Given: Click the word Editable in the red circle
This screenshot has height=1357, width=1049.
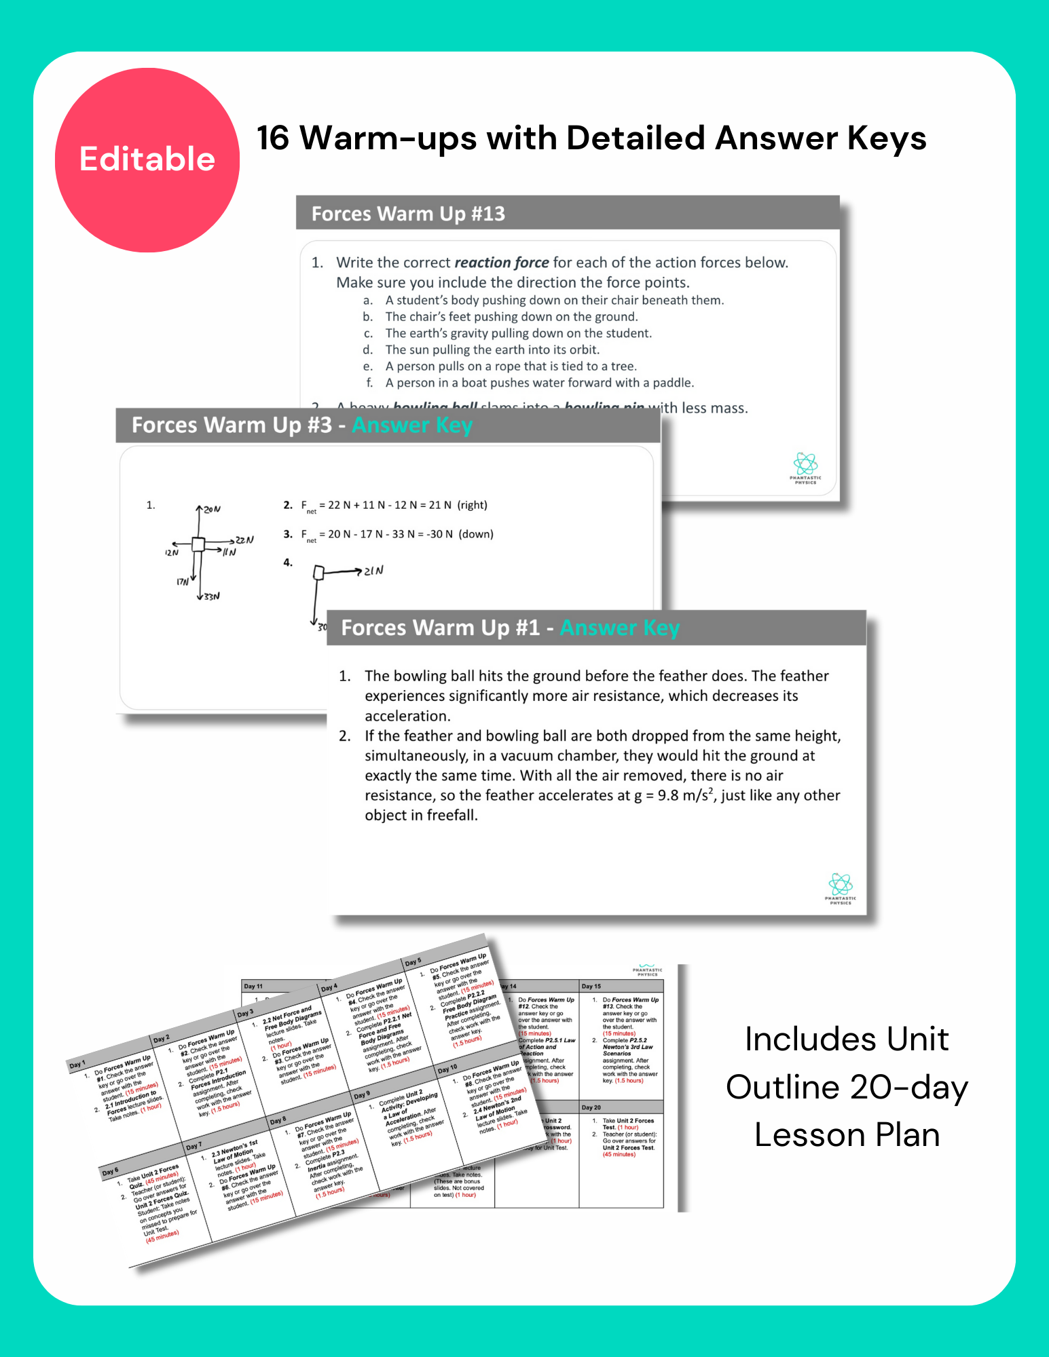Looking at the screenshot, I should click(x=147, y=159).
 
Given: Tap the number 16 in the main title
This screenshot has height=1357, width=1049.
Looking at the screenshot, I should click(x=274, y=138).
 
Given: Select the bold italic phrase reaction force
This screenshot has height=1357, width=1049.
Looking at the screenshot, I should click(x=501, y=263).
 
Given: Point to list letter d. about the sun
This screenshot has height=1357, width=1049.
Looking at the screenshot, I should click(x=367, y=350).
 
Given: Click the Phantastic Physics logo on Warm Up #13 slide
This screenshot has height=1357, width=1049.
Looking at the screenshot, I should click(x=805, y=467).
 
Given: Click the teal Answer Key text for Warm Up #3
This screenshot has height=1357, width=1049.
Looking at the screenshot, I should click(x=412, y=425).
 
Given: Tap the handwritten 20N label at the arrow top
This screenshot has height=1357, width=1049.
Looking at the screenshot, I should click(x=212, y=509).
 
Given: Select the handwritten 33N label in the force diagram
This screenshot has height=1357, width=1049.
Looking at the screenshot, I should click(x=212, y=596).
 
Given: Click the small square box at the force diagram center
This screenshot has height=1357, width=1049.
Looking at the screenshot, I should click(x=198, y=544).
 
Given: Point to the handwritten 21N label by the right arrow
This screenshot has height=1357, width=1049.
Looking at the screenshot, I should click(x=373, y=571).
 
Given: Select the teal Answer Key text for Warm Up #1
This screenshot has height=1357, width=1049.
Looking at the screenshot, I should click(x=619, y=628).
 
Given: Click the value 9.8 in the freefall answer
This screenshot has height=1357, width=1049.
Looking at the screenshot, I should click(x=667, y=796).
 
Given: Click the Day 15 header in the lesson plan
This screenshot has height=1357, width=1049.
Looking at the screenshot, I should click(x=591, y=986).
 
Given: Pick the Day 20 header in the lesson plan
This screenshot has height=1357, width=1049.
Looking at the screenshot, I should click(x=591, y=1107).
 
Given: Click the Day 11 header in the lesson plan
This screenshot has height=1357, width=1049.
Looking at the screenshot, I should click(x=253, y=986).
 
